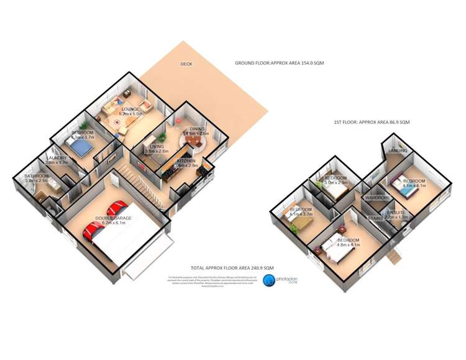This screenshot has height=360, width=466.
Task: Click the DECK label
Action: click(x=186, y=64)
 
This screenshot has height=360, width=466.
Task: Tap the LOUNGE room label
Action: click(x=131, y=109)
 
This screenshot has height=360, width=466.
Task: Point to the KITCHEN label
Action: click(x=186, y=161)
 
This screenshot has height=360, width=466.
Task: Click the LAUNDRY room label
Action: click(x=58, y=158)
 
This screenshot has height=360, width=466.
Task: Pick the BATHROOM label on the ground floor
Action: click(x=37, y=176)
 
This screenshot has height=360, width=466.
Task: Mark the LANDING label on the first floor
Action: click(x=398, y=151)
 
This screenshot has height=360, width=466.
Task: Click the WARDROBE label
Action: click(x=377, y=198)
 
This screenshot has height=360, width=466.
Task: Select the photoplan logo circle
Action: click(x=270, y=281)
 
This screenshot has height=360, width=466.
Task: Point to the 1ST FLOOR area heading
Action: click(x=372, y=122)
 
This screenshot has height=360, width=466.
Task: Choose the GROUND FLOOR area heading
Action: click(x=280, y=63)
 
